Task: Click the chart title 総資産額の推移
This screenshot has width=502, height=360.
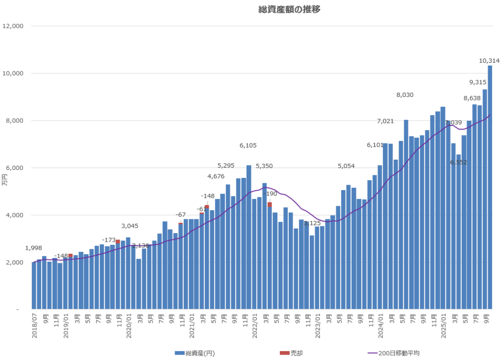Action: (289, 9)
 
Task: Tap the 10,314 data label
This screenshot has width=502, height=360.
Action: (489, 61)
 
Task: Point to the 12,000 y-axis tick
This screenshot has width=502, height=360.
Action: (13, 26)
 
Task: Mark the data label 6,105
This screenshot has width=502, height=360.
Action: (248, 145)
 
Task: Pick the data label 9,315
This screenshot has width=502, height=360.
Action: (477, 82)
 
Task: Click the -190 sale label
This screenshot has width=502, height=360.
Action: (270, 193)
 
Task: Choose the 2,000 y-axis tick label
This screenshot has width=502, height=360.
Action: (15, 263)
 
